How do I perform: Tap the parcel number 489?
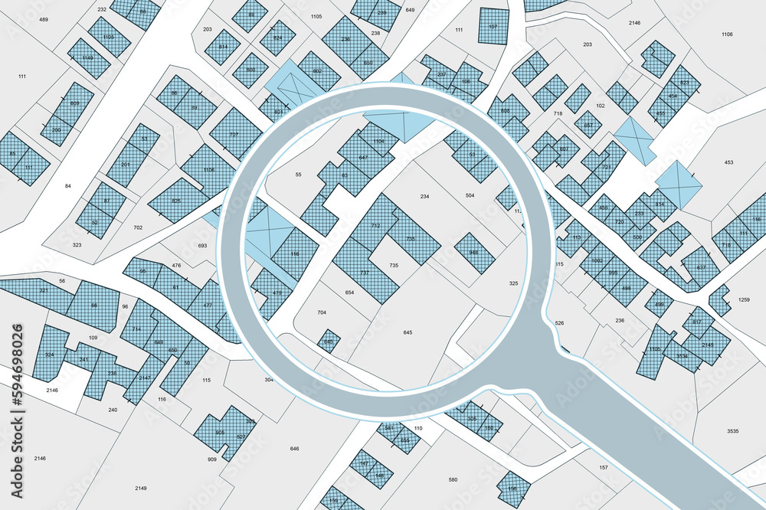(x=43, y=19)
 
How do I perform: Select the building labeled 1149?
(x=88, y=57)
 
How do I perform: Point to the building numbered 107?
(x=493, y=27)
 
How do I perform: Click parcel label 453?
(x=728, y=162)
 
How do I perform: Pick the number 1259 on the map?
(x=744, y=299)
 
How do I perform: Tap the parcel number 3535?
(x=732, y=432)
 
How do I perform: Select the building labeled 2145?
(x=707, y=345)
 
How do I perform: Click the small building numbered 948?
(x=474, y=253)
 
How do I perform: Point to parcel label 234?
(x=424, y=197)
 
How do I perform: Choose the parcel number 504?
(x=470, y=196)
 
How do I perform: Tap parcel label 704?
(x=322, y=312)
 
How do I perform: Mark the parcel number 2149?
(x=141, y=488)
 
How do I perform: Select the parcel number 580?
(x=453, y=480)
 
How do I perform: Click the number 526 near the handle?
(x=559, y=323)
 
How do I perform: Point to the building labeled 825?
(x=176, y=201)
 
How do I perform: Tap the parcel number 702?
(x=138, y=227)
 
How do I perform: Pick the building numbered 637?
(x=700, y=267)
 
